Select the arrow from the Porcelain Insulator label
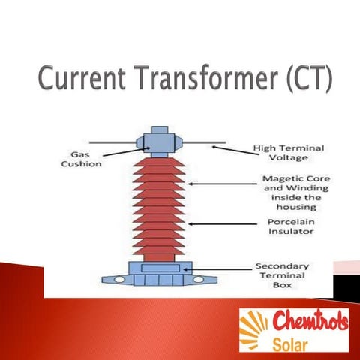point(217,223)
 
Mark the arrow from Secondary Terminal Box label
point(220,268)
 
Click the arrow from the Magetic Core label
point(214,183)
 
